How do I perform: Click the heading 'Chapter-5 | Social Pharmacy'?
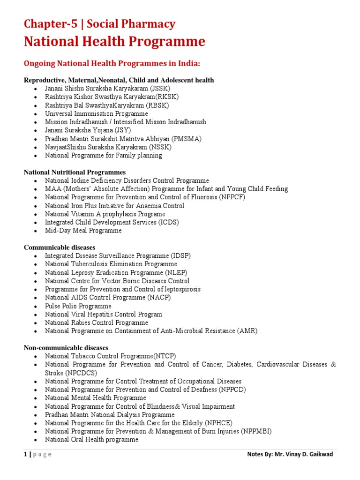(99, 24)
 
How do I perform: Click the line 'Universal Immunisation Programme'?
(96, 113)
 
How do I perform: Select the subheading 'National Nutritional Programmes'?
(75, 172)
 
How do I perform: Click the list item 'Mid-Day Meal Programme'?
(83, 231)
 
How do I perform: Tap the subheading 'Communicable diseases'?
(60, 247)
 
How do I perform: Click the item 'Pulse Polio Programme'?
(78, 306)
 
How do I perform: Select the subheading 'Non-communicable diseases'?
(66, 348)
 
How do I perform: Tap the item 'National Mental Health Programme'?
(96, 398)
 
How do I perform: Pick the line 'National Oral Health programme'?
(91, 440)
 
